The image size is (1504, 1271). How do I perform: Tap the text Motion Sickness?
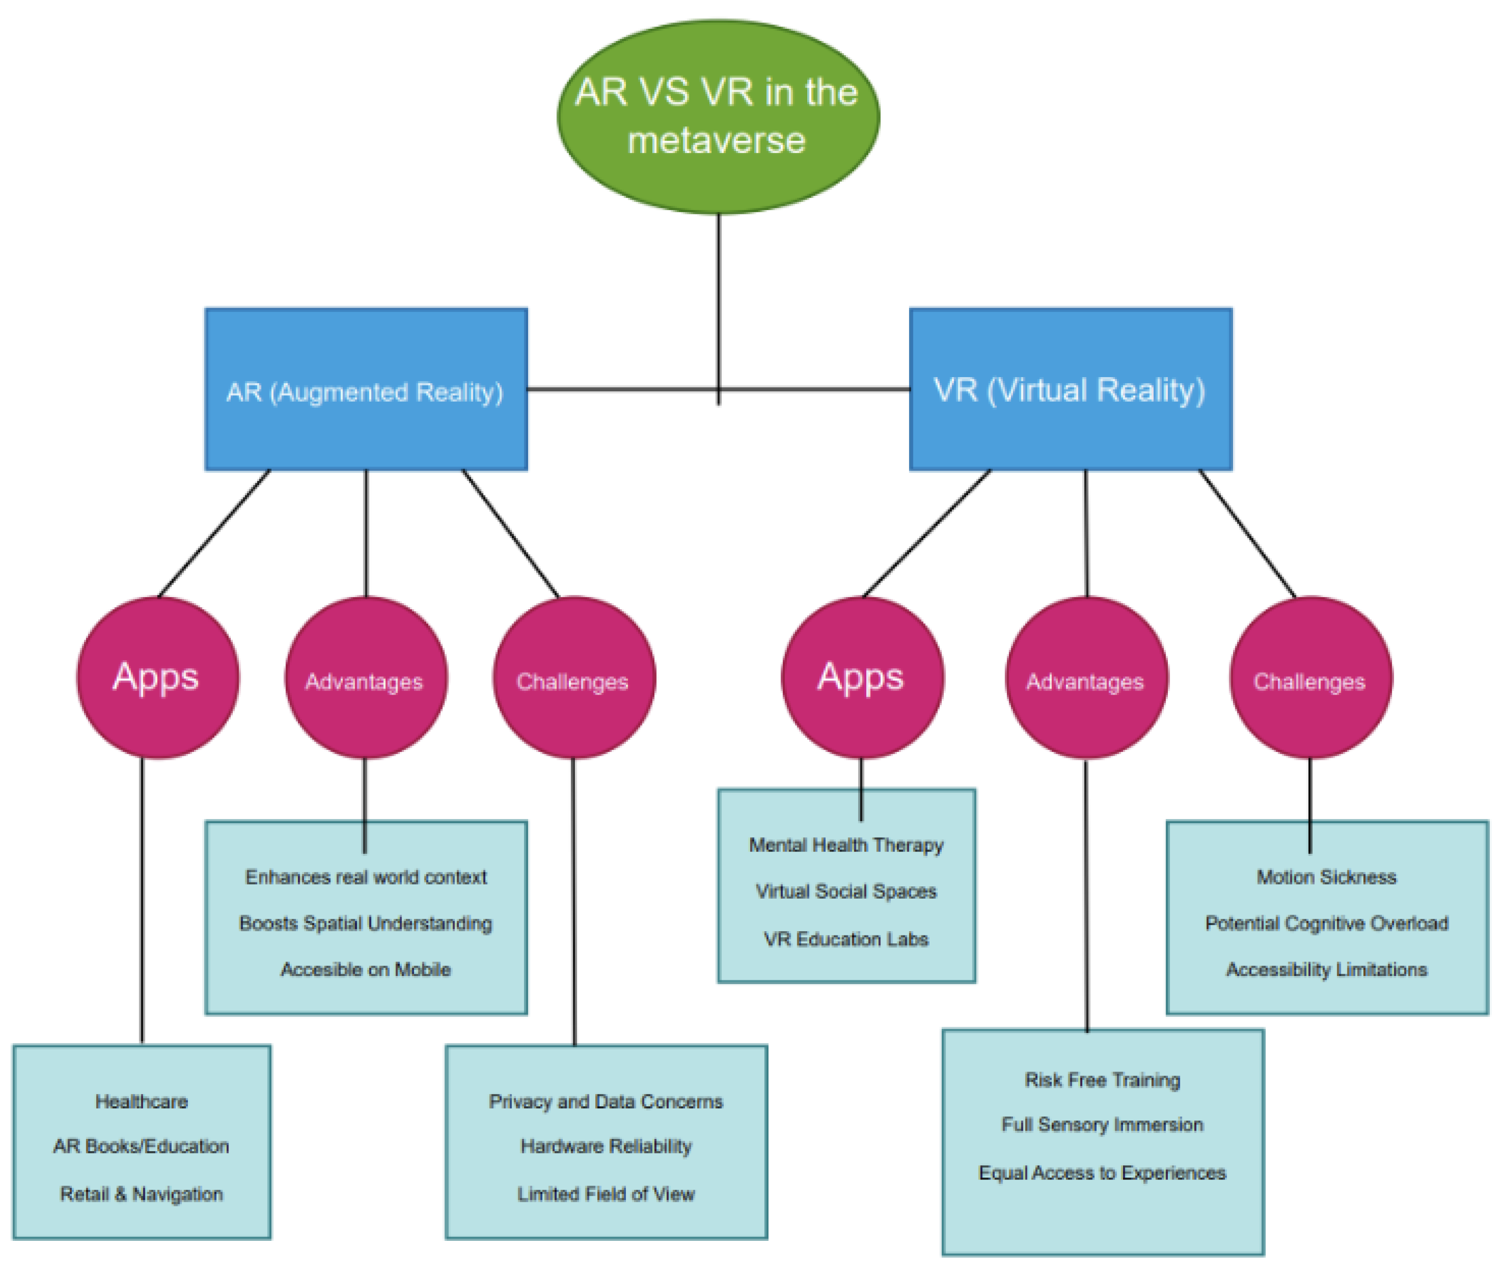[1326, 877]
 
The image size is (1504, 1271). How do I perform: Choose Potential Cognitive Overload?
[1326, 923]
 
